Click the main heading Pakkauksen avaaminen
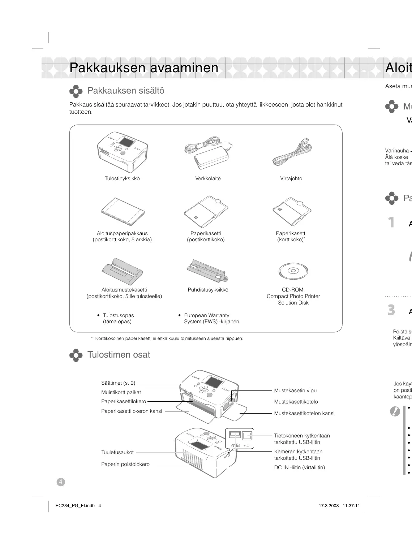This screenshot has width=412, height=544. click(144, 68)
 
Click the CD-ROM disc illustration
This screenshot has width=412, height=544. click(293, 271)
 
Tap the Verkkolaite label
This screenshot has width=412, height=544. click(208, 178)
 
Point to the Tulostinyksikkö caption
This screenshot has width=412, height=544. click(122, 178)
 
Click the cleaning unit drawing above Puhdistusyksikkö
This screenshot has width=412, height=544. click(208, 271)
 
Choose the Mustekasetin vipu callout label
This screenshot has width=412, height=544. click(295, 390)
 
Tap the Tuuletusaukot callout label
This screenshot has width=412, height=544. click(117, 452)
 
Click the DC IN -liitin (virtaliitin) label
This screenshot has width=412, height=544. click(299, 467)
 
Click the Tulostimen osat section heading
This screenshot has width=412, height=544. click(119, 355)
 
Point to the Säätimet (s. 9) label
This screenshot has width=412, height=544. click(118, 383)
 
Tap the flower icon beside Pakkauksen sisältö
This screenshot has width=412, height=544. click(76, 91)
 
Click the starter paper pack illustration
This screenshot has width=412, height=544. click(123, 211)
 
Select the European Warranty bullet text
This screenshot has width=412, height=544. click(211, 319)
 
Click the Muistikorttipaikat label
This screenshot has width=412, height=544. click(121, 392)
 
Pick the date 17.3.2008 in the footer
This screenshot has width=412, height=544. click(329, 506)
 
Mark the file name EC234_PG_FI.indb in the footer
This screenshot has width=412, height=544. click(73, 506)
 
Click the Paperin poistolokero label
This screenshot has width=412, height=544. click(125, 464)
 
